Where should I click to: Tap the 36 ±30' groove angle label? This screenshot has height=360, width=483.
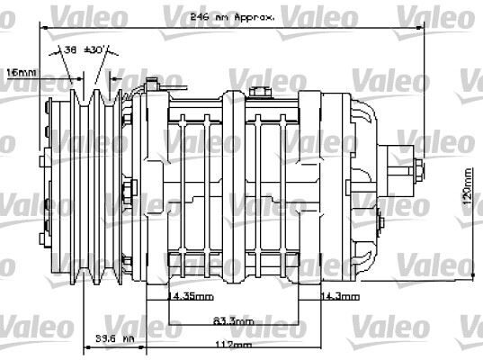click(x=84, y=51)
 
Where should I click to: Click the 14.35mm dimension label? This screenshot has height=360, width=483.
click(x=192, y=295)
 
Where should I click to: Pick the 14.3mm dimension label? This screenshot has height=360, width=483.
click(x=340, y=295)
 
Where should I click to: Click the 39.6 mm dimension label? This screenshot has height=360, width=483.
click(x=114, y=339)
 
